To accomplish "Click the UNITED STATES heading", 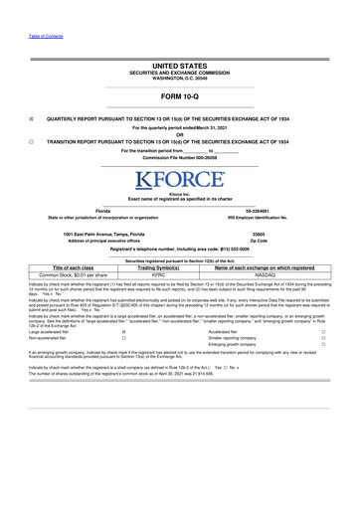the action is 180,62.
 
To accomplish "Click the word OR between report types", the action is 180,134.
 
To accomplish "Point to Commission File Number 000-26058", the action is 180,158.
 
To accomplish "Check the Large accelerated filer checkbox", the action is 123,334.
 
